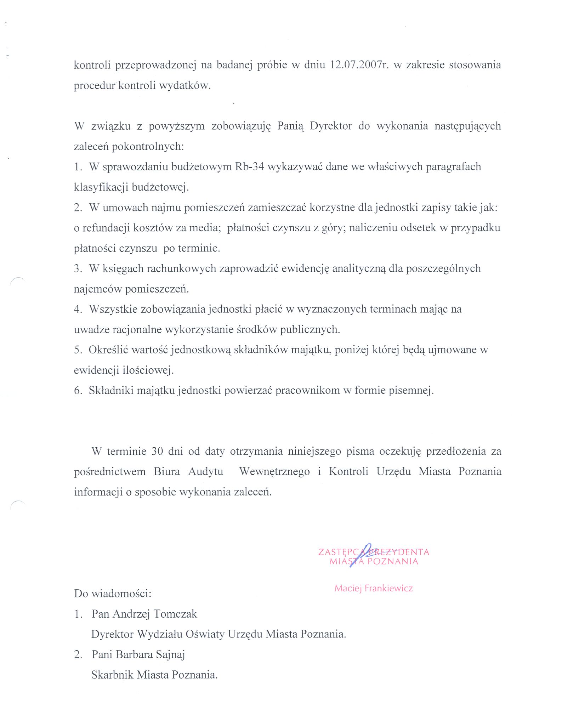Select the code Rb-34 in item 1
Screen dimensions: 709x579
click(x=249, y=166)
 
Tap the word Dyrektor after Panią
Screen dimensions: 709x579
click(x=331, y=126)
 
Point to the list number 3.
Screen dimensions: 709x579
click(x=78, y=268)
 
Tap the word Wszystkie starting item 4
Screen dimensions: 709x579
click(x=113, y=309)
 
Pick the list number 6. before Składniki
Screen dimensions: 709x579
click(x=78, y=390)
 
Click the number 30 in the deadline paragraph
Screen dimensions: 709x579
click(x=157, y=451)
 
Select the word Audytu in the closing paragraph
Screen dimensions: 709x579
click(x=205, y=471)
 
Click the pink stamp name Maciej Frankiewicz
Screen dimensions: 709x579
click(x=374, y=588)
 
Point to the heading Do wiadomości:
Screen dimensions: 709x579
click(x=113, y=594)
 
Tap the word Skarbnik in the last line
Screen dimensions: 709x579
click(x=112, y=675)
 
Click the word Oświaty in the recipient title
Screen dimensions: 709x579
click(x=205, y=634)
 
